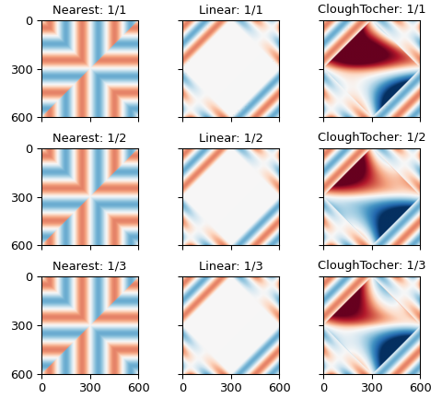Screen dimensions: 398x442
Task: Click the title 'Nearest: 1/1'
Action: coord(90,10)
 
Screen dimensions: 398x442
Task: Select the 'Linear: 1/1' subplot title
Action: coord(231,10)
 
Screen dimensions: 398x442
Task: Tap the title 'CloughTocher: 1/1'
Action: coord(372,10)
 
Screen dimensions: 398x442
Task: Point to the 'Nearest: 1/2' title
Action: coord(90,138)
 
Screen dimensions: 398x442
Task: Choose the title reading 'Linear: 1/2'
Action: coord(231,138)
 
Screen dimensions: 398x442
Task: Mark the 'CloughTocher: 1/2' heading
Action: coord(372,138)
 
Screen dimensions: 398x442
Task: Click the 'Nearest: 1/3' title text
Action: coord(90,266)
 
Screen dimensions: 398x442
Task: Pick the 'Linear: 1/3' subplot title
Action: coord(231,266)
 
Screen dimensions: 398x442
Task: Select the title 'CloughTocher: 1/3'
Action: coord(372,266)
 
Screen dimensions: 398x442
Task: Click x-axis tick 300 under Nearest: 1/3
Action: coord(90,387)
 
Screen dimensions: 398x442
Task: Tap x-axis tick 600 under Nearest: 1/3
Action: coord(138,387)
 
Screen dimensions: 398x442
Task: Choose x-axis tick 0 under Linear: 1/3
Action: coord(183,387)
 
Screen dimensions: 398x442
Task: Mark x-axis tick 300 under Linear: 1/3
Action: coord(231,387)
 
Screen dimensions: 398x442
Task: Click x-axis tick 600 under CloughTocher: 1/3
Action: coord(420,387)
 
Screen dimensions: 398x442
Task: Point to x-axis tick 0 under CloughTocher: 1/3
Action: coord(324,387)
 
